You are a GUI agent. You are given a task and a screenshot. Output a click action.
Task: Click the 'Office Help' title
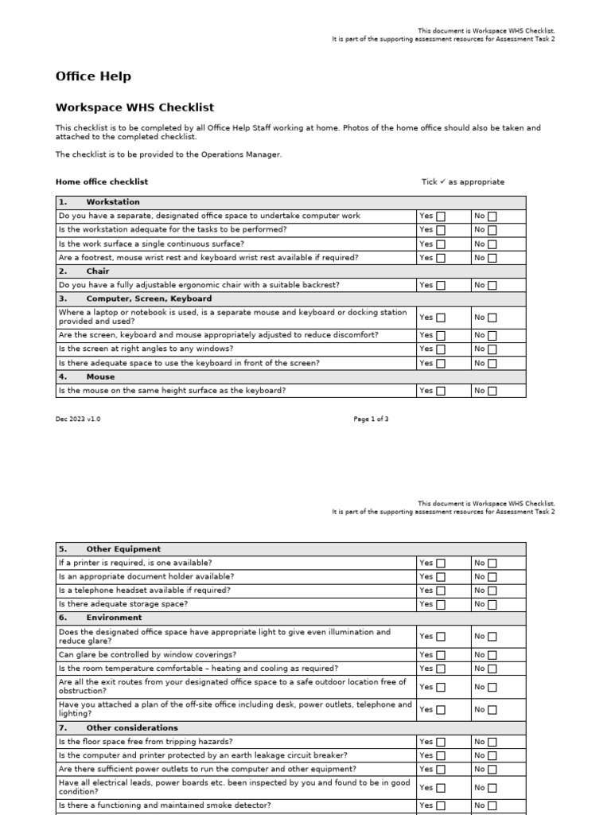(93, 76)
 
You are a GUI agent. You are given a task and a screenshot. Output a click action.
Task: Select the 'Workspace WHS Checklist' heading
(134, 107)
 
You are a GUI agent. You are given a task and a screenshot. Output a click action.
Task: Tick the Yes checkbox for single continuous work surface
(441, 244)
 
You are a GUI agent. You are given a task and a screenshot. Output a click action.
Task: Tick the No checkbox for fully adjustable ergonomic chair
(492, 285)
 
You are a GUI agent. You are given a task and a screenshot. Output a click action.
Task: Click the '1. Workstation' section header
(112, 202)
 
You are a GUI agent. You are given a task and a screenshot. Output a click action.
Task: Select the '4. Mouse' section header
(100, 376)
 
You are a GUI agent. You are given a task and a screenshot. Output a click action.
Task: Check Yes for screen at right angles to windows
(441, 349)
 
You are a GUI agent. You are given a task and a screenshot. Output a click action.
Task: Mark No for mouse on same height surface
(492, 391)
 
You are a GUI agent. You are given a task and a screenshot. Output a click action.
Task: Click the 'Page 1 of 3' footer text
(371, 419)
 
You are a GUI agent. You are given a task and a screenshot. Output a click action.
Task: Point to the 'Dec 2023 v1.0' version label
(78, 419)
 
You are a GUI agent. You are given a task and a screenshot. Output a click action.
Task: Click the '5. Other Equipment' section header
(123, 549)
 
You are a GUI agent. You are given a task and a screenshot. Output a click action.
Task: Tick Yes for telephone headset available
(441, 591)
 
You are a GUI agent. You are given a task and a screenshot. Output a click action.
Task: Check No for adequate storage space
(492, 605)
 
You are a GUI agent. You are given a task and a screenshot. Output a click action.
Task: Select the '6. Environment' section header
(114, 618)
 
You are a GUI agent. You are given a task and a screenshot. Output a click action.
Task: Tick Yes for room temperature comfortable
(441, 669)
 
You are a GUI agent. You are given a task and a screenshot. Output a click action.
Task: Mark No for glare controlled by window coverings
(492, 655)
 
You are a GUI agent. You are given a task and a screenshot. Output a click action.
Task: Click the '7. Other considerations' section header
(131, 728)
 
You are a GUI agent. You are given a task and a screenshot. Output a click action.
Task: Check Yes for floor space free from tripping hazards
(441, 742)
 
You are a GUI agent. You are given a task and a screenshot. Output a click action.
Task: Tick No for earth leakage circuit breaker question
(492, 756)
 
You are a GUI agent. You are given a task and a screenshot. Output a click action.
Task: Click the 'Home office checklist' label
(102, 182)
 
